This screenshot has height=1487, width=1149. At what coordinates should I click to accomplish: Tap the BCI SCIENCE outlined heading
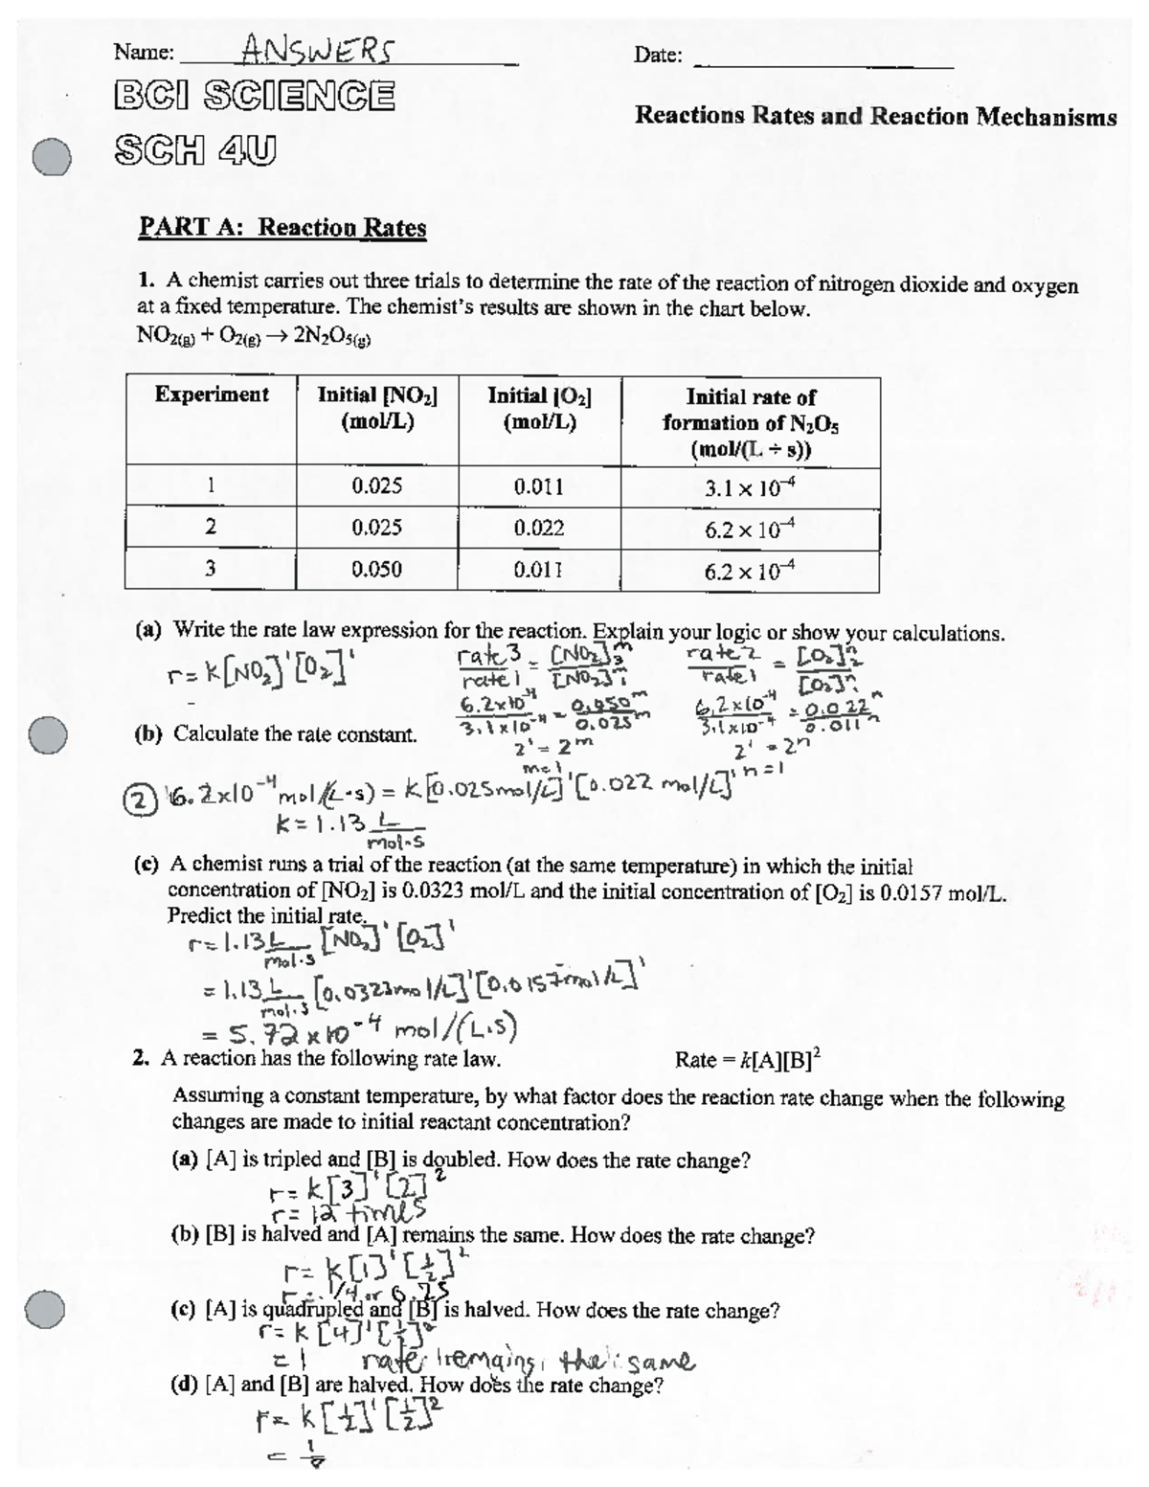[x=253, y=96]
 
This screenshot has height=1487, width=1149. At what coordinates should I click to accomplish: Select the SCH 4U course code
[x=194, y=149]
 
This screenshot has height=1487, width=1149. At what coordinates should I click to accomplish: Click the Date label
[x=658, y=56]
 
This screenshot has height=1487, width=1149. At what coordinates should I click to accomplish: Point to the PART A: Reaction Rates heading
[x=282, y=228]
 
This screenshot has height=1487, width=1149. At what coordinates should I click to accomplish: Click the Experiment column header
[x=212, y=394]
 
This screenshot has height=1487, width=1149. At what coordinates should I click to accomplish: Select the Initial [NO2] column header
[x=376, y=407]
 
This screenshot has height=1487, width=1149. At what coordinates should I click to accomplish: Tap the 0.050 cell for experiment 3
[x=376, y=570]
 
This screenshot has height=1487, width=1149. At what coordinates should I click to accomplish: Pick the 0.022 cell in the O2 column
[x=539, y=528]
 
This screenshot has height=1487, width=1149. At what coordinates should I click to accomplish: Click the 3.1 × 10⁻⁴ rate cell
[x=750, y=487]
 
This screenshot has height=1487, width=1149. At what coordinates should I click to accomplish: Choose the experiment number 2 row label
[x=211, y=528]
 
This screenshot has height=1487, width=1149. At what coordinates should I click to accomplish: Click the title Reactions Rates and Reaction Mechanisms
[x=875, y=117]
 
